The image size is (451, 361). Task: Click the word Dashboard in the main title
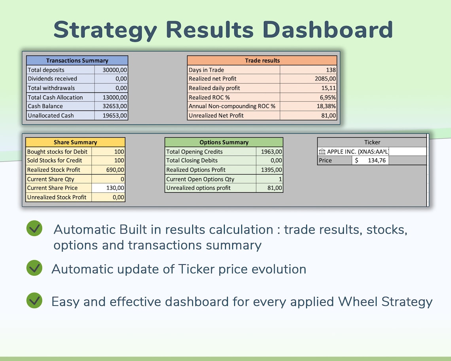coord(328,29)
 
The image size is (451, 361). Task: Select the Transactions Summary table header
coord(77,61)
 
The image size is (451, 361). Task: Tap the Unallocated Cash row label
coord(51,116)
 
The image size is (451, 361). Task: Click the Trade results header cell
coord(262,61)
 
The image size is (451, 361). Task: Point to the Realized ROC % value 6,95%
coord(328,97)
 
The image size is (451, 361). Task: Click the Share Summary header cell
coord(75,142)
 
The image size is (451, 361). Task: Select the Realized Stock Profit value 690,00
coord(115,170)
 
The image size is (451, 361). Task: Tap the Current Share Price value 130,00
coord(115,188)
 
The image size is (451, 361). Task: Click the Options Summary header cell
coord(224,142)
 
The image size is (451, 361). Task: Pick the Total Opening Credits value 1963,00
coord(272,152)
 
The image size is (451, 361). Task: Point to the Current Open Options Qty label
coord(200,179)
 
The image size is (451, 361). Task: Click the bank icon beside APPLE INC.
coord(322,152)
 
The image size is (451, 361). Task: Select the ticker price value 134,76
coord(377,160)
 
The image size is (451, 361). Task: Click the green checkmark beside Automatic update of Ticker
coord(34,268)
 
